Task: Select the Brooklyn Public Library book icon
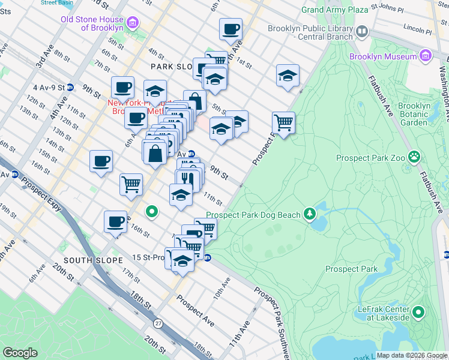pyautogui.click(x=362, y=31)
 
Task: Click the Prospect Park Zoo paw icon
pyautogui.click(x=414, y=157)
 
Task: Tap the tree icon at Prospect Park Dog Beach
pyautogui.click(x=310, y=214)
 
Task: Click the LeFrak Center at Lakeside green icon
pyautogui.click(x=418, y=312)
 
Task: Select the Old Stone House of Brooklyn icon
pyautogui.click(x=133, y=23)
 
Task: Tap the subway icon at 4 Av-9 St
pyautogui.click(x=70, y=87)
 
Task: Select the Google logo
pyautogui.click(x=20, y=352)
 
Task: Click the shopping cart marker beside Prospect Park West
pyautogui.click(x=283, y=123)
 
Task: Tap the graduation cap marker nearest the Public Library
pyautogui.click(x=288, y=76)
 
